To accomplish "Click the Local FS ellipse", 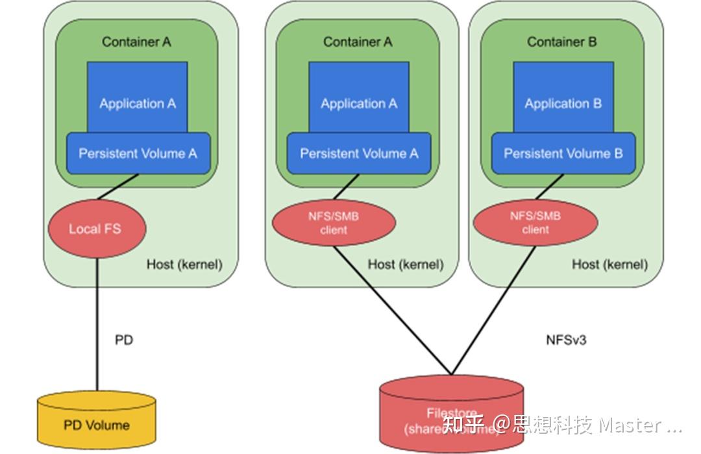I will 95,229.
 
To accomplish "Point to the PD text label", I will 124,340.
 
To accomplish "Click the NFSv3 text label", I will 566,340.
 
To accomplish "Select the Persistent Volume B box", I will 563,154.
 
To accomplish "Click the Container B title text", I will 561,42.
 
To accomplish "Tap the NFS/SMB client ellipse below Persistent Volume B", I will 535,223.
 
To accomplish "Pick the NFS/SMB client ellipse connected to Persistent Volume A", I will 334,223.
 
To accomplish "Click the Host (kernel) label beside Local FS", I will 184,264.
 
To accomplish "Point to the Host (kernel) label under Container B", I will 609,264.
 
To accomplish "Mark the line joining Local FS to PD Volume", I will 97,325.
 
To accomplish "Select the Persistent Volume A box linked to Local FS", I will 138,154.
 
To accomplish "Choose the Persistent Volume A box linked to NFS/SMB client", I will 359,154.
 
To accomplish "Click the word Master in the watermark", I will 630,425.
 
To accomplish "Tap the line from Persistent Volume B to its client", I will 549,187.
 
